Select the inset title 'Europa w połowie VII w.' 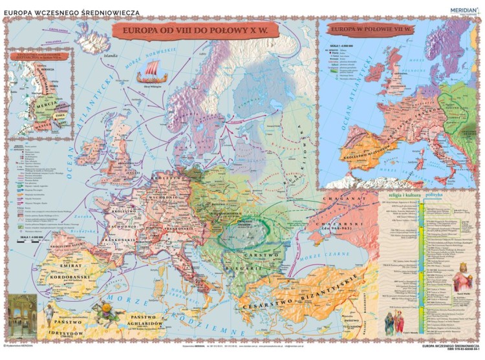(x=365, y=28)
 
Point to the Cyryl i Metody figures (x=396, y=321)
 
